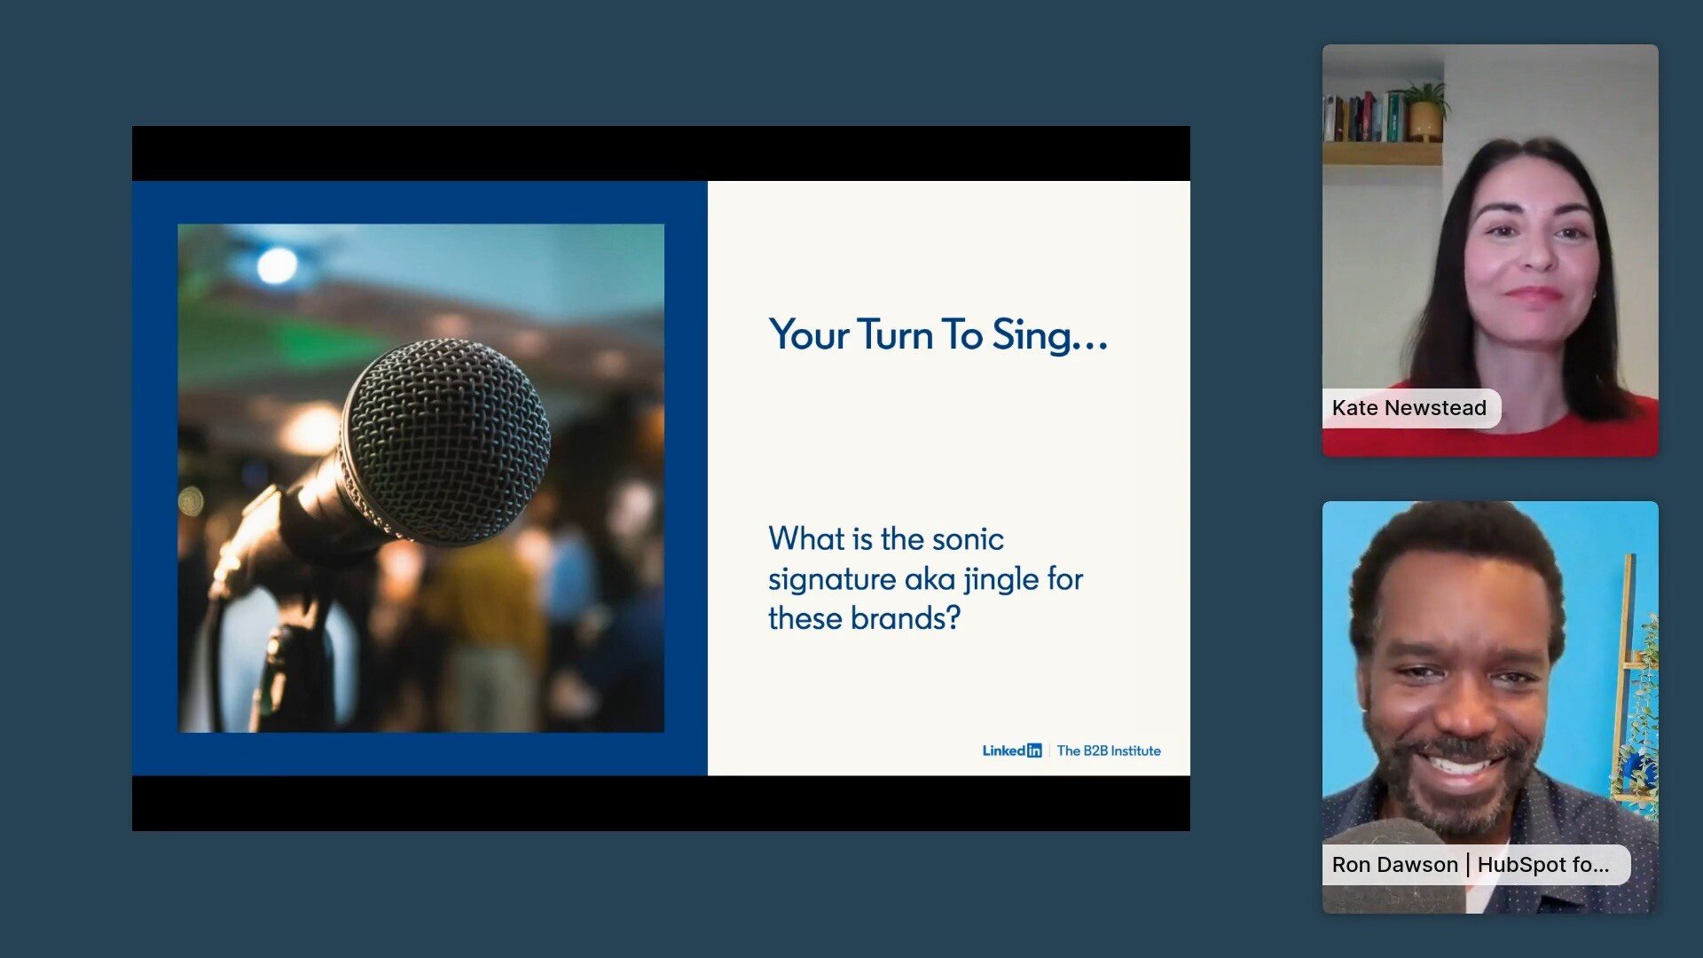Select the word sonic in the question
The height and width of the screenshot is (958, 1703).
click(968, 539)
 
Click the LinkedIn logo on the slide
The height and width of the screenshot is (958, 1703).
click(1012, 750)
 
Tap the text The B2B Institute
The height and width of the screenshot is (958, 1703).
click(1109, 750)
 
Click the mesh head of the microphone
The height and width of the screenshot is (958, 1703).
click(445, 440)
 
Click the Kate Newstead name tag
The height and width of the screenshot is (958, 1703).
click(1411, 408)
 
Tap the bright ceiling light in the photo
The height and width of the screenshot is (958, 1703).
click(277, 265)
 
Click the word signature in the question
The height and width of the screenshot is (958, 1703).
click(832, 580)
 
